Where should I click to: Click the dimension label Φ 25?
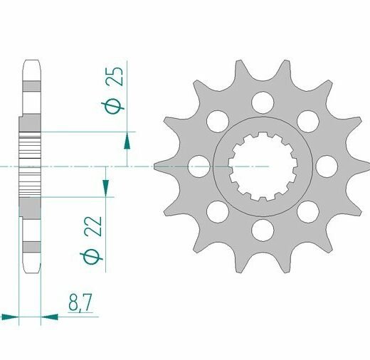pyautogui.click(x=113, y=90)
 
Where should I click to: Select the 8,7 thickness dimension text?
pyautogui.click(x=80, y=303)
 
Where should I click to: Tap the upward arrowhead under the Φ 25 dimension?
pyautogui.click(x=127, y=141)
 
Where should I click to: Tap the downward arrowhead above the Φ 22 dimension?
pyautogui.click(x=105, y=188)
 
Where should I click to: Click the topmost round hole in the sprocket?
pyautogui.click(x=263, y=102)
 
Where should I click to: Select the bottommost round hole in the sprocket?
pyautogui.click(x=263, y=231)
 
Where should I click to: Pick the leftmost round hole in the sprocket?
pyautogui.click(x=199, y=166)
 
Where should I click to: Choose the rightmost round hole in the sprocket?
pyautogui.click(x=327, y=166)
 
